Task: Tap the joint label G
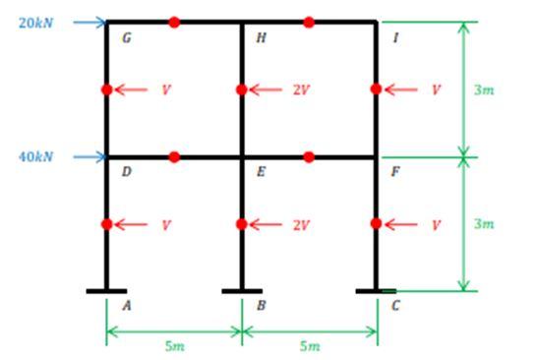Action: click(x=126, y=38)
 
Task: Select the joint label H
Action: click(x=261, y=38)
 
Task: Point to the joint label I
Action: click(x=395, y=38)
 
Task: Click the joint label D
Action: click(x=126, y=172)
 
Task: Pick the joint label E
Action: click(x=261, y=172)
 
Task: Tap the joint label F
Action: click(x=395, y=172)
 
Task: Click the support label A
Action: click(x=126, y=306)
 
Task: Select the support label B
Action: click(x=261, y=306)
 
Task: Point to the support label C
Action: click(x=395, y=306)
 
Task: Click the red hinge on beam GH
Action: click(x=174, y=22)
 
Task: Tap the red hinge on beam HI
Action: click(x=309, y=22)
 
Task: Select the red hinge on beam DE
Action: click(x=174, y=156)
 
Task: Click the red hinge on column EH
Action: click(x=242, y=90)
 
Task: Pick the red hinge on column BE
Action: click(x=242, y=224)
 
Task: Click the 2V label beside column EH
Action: click(x=300, y=90)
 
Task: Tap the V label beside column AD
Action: click(x=165, y=225)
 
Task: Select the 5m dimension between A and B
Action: click(x=174, y=346)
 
